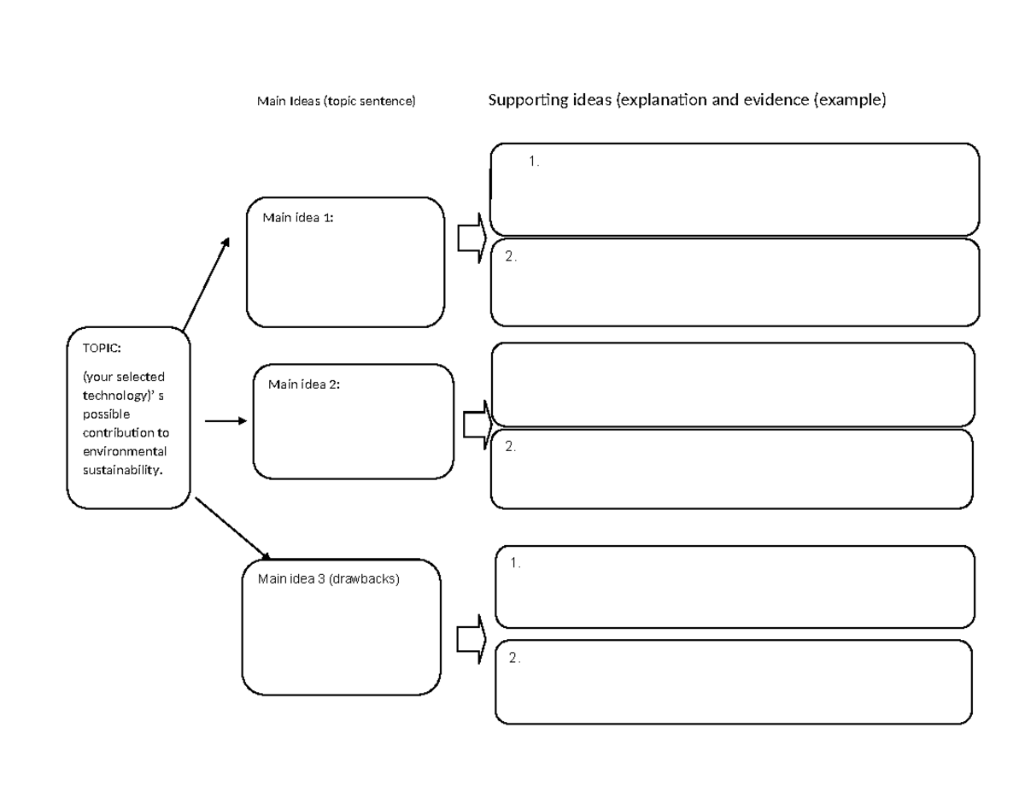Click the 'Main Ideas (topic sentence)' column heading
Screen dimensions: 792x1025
(336, 102)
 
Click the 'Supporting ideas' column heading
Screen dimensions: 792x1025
(687, 101)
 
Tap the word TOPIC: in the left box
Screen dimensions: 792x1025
(102, 349)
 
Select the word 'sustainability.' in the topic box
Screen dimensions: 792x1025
(121, 470)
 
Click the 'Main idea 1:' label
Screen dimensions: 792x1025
(297, 218)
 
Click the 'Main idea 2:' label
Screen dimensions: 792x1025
(303, 384)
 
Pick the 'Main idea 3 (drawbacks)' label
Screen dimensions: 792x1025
(328, 578)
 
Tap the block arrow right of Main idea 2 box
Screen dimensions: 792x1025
(477, 423)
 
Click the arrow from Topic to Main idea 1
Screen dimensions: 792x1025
(206, 284)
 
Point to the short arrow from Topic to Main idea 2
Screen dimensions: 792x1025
(225, 421)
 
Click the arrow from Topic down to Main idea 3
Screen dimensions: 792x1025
(232, 528)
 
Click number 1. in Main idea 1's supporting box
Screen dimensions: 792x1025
(534, 161)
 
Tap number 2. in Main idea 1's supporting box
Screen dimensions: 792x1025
(511, 256)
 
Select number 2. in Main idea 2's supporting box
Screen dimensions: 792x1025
(511, 446)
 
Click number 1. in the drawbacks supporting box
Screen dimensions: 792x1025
(515, 563)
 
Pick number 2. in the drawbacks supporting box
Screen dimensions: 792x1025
(514, 658)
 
